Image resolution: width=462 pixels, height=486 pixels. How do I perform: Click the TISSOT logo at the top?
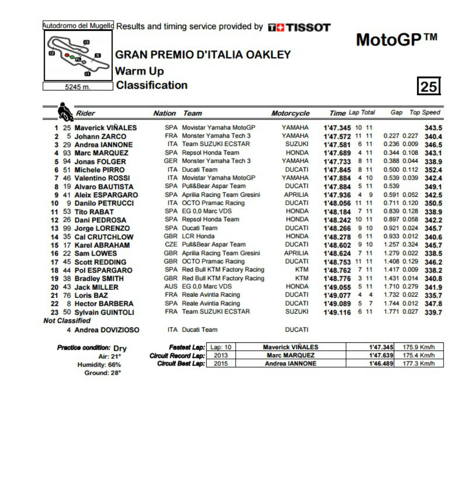point(299,28)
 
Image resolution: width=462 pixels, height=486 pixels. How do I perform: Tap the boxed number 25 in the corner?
point(429,86)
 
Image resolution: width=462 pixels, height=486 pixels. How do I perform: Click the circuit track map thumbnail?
point(78,56)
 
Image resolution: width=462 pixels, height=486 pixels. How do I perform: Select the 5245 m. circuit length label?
point(78,86)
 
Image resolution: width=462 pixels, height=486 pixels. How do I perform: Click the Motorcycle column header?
point(290,113)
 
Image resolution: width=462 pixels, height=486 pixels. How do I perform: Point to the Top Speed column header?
point(425,113)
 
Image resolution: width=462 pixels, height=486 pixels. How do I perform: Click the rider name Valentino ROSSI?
point(102,178)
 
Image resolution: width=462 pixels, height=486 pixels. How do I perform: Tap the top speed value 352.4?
point(433,170)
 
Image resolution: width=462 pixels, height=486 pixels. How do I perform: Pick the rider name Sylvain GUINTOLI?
point(104,312)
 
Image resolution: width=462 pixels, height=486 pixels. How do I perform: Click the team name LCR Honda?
point(198,237)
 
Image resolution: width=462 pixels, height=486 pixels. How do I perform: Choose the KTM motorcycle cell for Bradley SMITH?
point(302,279)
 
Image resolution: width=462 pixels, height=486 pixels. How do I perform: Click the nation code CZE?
point(170,245)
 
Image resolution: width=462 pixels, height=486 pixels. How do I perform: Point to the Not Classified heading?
point(67,321)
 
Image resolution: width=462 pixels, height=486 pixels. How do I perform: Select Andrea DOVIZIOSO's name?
point(107,330)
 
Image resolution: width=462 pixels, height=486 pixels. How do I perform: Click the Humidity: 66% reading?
point(99,365)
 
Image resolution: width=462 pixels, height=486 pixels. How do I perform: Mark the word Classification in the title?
point(152,85)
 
